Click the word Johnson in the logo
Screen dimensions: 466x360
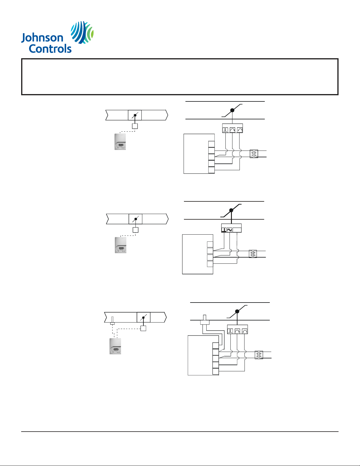click(42, 38)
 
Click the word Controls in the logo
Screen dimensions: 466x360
click(50, 49)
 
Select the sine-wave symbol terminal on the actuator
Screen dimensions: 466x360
click(229, 230)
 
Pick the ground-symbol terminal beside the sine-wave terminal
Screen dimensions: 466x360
click(224, 230)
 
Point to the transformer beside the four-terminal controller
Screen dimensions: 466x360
click(253, 254)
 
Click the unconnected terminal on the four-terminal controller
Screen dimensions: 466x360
click(210, 245)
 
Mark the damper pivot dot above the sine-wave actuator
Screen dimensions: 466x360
click(231, 210)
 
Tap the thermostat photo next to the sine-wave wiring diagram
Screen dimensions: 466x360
click(120, 245)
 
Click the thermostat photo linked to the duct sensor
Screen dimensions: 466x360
click(115, 346)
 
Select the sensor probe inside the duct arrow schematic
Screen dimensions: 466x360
click(112, 320)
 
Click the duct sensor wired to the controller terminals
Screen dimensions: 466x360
click(205, 321)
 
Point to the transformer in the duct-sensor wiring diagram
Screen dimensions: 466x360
click(259, 355)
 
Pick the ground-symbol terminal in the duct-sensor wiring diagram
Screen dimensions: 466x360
click(230, 331)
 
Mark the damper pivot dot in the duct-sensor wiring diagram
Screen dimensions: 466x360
click(237, 311)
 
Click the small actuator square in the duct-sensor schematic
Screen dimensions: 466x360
click(143, 328)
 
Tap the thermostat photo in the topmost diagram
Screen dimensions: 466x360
click(120, 142)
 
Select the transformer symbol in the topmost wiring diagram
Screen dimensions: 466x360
click(254, 154)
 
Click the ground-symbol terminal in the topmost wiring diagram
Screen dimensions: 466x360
click(225, 130)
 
